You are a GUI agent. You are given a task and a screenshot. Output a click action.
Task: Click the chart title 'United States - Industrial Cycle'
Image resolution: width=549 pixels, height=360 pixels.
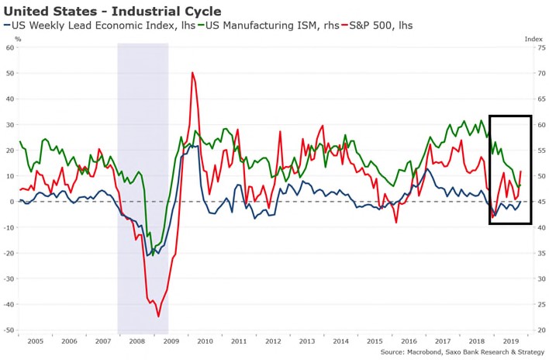click(x=112, y=11)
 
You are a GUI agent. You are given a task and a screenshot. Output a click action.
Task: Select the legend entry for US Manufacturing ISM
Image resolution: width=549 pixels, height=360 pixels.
click(x=268, y=26)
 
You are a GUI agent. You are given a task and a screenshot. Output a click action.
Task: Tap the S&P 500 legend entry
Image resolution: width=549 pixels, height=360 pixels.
click(x=377, y=26)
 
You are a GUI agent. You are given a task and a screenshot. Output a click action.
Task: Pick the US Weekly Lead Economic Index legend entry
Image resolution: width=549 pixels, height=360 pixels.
click(x=100, y=26)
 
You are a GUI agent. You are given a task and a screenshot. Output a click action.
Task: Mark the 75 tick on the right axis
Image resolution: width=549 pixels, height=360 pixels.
click(x=541, y=47)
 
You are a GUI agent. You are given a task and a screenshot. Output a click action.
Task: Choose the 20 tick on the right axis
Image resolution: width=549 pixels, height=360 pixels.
click(x=541, y=331)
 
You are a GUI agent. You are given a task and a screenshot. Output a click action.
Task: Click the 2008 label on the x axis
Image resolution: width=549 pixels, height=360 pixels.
click(x=137, y=341)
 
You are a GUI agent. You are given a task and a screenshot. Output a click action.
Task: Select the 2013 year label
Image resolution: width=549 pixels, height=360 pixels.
click(x=307, y=341)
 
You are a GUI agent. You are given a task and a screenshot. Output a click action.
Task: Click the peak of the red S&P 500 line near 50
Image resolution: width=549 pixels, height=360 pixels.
click(x=192, y=72)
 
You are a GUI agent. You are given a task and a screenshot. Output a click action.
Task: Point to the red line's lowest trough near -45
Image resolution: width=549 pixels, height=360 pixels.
click(x=158, y=317)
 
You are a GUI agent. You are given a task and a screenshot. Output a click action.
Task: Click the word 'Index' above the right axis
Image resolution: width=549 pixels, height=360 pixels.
click(x=533, y=40)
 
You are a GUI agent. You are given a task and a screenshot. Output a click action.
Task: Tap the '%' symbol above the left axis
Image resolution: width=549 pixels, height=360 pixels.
click(x=18, y=40)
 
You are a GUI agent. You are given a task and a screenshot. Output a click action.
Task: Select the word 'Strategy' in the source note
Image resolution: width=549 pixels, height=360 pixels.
click(x=531, y=352)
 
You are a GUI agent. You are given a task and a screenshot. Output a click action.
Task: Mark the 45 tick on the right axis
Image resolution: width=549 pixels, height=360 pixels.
click(x=541, y=202)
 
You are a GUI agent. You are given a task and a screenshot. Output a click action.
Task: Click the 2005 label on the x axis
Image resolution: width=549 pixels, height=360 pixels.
click(x=36, y=341)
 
